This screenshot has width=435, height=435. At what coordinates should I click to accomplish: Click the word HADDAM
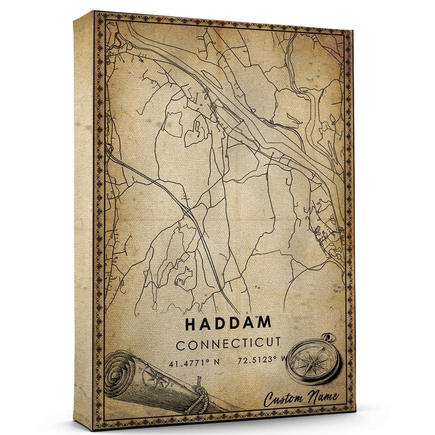pyautogui.click(x=228, y=324)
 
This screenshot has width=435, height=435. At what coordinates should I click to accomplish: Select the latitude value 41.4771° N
pyautogui.click(x=192, y=362)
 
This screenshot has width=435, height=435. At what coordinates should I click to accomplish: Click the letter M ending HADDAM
pyautogui.click(x=264, y=323)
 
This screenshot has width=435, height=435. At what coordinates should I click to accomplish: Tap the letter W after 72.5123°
pyautogui.click(x=282, y=360)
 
